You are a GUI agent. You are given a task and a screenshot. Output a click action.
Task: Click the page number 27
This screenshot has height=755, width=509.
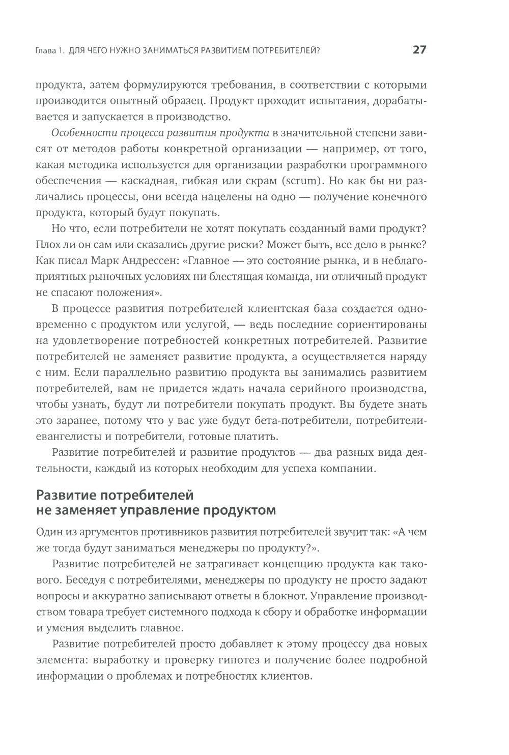point(419,50)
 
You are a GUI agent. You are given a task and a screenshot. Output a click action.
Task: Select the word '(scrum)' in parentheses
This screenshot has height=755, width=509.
point(304,181)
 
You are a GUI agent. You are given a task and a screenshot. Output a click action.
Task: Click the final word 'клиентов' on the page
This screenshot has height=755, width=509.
point(287,676)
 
